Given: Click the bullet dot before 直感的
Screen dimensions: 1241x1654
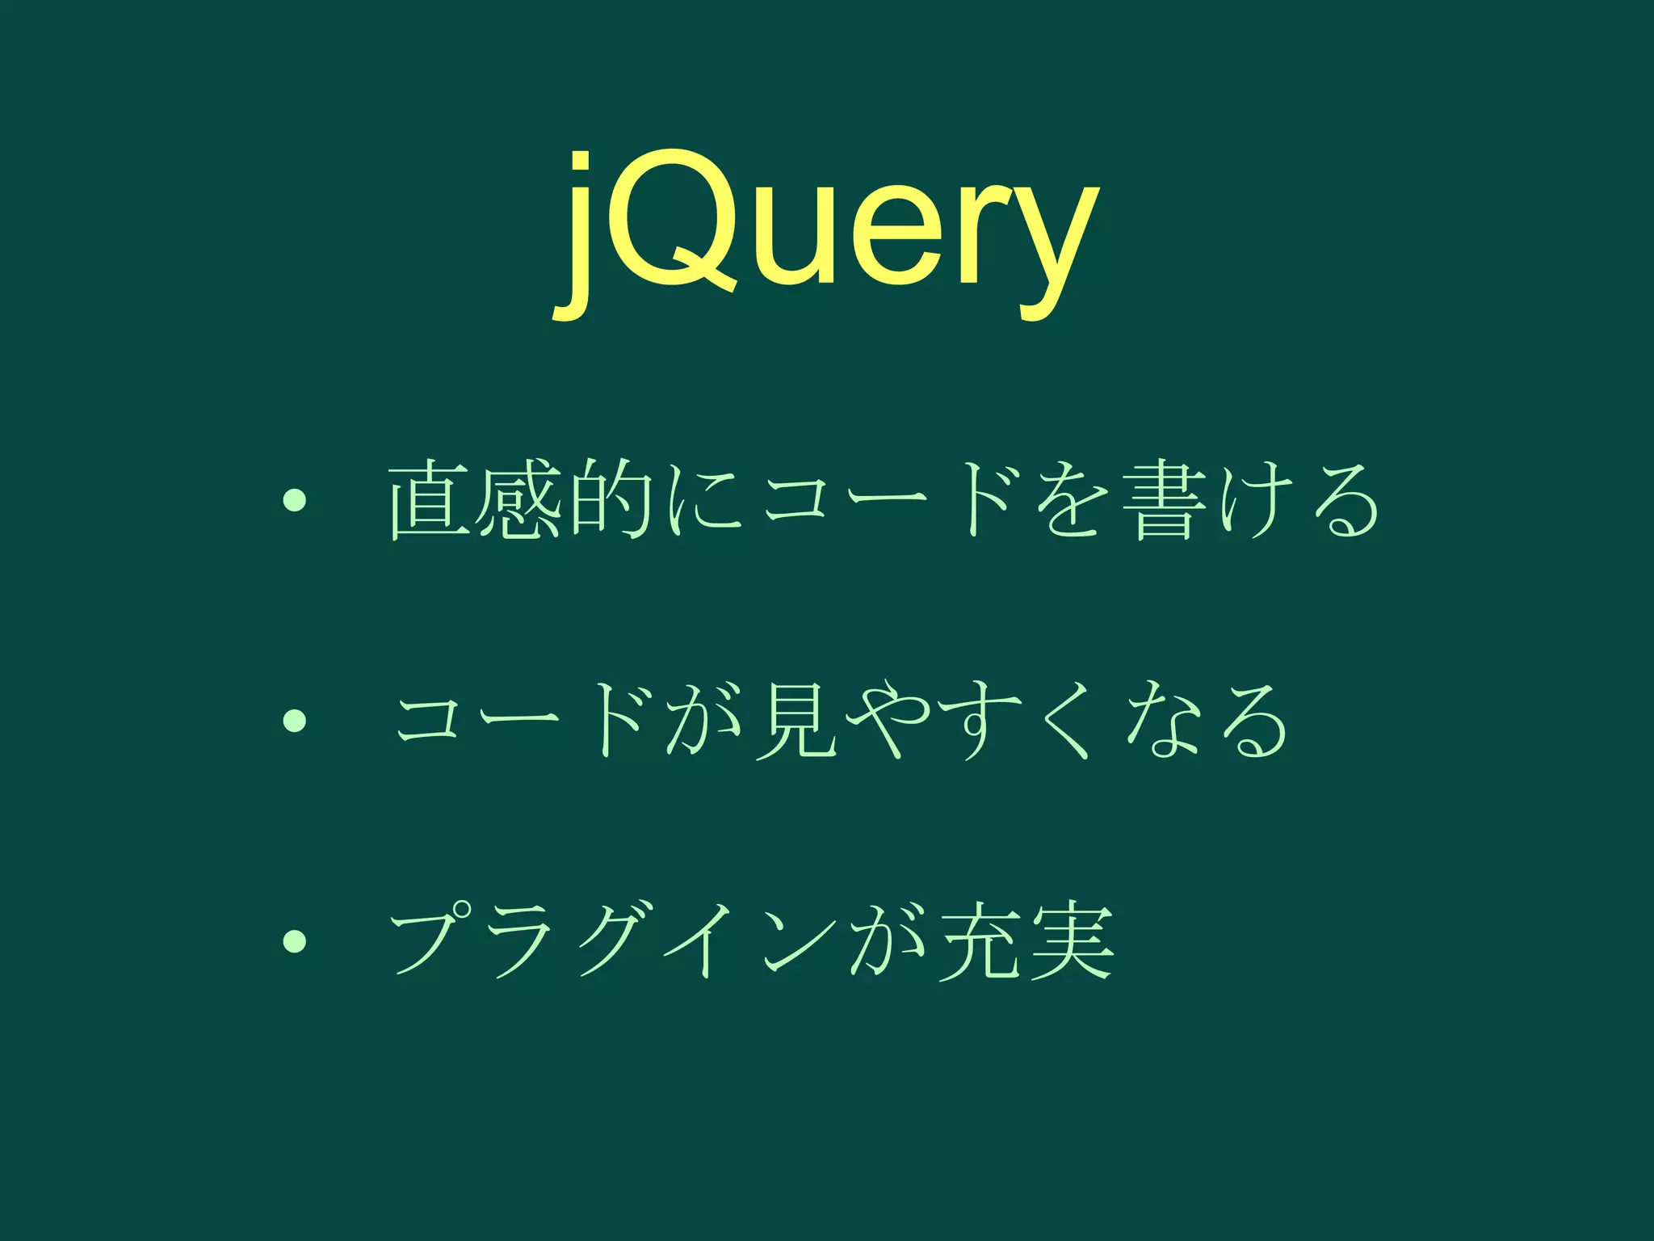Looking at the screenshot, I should click(x=294, y=502).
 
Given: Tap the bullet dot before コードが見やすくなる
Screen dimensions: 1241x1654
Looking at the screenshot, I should click(x=294, y=720).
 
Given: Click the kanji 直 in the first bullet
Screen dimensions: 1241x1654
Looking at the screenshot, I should click(x=429, y=501).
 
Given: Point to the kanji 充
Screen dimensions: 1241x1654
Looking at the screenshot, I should click(x=978, y=940).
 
